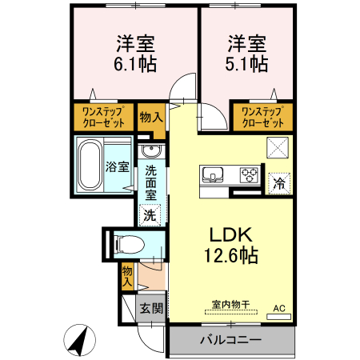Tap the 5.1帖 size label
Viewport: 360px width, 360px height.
pyautogui.click(x=246, y=65)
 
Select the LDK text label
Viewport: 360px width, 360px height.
pyautogui.click(x=231, y=235)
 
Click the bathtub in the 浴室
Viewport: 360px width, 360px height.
pyautogui.click(x=90, y=166)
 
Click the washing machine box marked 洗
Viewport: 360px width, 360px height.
pyautogui.click(x=150, y=214)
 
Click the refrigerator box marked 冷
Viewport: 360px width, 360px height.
pyautogui.click(x=278, y=182)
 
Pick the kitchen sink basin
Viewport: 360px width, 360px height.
pyautogui.click(x=214, y=174)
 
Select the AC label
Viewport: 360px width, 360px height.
pyautogui.click(x=279, y=308)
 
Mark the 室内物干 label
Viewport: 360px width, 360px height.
pyautogui.click(x=231, y=304)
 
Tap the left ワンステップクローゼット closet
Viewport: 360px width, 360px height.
pyautogui.click(x=102, y=118)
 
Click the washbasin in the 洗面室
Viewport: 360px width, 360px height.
pyautogui.click(x=150, y=152)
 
